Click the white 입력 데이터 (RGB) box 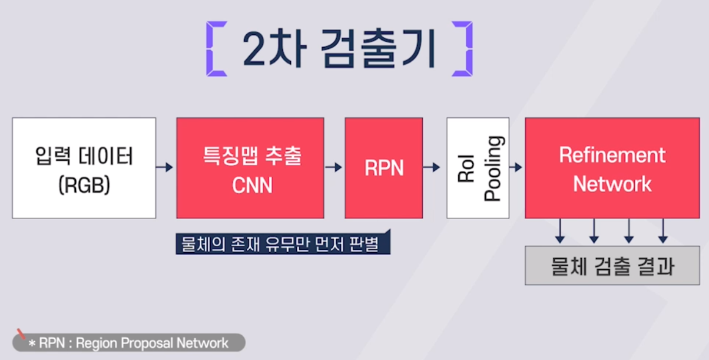tap(84, 168)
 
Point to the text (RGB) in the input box tap(84, 184)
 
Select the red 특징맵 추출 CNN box tap(250, 168)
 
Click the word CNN tap(252, 184)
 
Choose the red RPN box tap(384, 168)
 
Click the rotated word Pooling tap(493, 169)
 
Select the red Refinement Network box tap(612, 168)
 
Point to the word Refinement tap(612, 155)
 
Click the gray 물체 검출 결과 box tap(612, 266)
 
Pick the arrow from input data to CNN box tap(165, 168)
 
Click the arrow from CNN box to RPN tap(334, 168)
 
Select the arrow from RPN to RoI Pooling tap(434, 168)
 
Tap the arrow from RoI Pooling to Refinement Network tap(516, 168)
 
